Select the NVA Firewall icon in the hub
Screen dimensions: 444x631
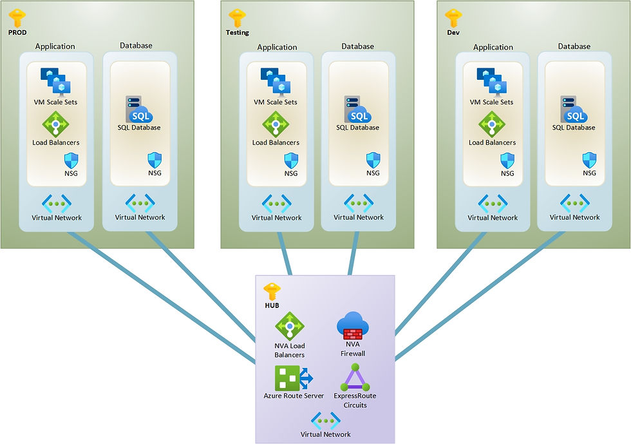click(350, 326)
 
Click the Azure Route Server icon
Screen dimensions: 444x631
click(294, 378)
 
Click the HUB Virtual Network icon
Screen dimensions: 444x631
click(325, 421)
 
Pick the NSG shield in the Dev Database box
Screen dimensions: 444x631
click(589, 160)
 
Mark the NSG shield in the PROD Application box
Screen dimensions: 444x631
click(71, 160)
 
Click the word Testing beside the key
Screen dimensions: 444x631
click(238, 32)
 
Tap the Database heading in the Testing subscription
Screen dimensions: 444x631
click(357, 46)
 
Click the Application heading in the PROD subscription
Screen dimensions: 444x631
click(55, 46)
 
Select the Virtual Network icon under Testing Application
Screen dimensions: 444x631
click(275, 203)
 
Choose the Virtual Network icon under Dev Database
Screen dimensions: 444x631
click(574, 203)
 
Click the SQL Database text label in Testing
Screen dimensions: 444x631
click(357, 128)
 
